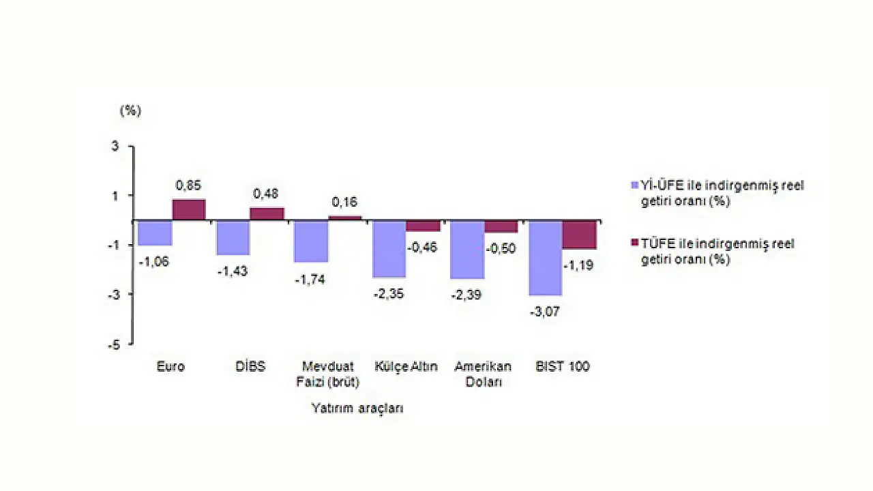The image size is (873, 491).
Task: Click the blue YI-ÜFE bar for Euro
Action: point(155,233)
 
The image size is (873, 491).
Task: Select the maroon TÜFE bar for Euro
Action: point(189,210)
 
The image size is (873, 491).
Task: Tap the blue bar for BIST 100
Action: point(546,258)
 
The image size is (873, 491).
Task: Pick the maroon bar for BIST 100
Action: point(579,235)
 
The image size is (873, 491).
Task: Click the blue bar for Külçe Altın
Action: point(389,249)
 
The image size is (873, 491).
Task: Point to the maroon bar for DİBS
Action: point(267,214)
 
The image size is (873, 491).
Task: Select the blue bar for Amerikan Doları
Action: point(468,250)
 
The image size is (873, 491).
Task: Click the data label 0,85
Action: point(189,185)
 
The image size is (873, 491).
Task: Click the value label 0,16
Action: point(344,202)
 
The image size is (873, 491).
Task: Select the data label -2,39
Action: point(467,295)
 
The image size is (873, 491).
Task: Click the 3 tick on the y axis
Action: point(115,146)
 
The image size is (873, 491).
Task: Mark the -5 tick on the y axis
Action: point(113,344)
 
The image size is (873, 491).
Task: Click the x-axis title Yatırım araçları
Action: point(357,408)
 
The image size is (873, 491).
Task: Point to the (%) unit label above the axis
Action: point(130,111)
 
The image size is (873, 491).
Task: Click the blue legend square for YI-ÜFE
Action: point(635,185)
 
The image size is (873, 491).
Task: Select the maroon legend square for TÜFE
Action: point(635,243)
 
